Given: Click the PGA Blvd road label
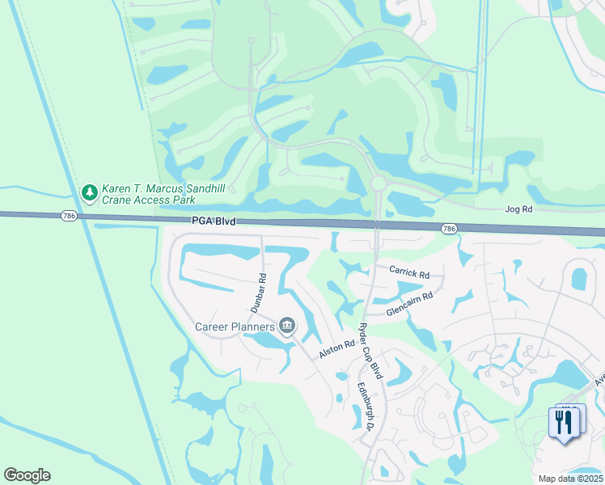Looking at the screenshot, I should click(x=214, y=220).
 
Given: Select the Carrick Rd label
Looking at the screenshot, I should click(x=409, y=272).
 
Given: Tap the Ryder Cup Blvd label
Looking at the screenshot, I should click(x=370, y=348).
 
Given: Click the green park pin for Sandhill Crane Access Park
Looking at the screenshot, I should click(x=89, y=192).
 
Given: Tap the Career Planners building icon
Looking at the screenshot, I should click(x=287, y=327).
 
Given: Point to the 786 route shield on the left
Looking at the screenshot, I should click(x=69, y=216).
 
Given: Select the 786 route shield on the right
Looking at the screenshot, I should click(x=449, y=230).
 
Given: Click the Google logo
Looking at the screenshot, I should click(x=27, y=475).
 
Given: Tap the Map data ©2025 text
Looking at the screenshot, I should click(x=569, y=479).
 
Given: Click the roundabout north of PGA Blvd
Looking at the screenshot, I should click(x=378, y=184).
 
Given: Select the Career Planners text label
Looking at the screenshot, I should click(x=235, y=327).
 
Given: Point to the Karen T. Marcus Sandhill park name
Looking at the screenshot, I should click(x=163, y=188).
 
